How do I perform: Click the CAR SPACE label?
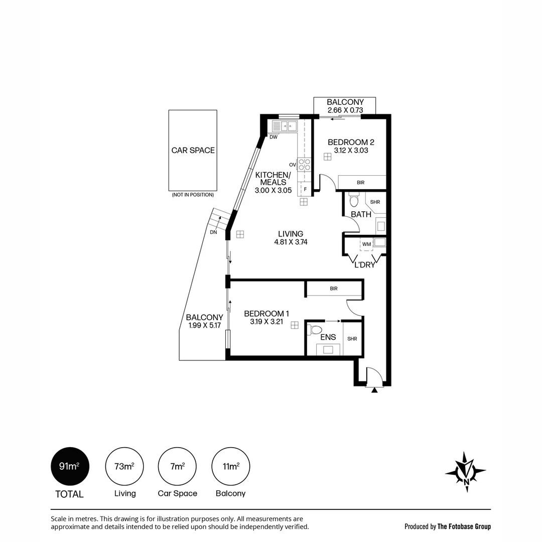(x=193, y=151)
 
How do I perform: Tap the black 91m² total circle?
(x=70, y=466)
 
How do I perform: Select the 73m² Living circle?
(x=124, y=466)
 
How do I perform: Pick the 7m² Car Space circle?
(x=177, y=466)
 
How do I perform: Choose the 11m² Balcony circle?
(x=230, y=466)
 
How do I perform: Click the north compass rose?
(x=466, y=472)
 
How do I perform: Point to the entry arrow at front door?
(x=374, y=390)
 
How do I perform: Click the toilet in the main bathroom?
(x=354, y=199)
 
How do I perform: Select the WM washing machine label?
(x=366, y=244)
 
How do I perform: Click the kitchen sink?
(x=285, y=126)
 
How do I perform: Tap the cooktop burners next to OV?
(x=304, y=165)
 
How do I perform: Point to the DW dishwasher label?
(x=274, y=137)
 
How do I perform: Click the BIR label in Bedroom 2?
(x=360, y=183)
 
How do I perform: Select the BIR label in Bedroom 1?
(x=334, y=288)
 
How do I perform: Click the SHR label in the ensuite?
(x=352, y=339)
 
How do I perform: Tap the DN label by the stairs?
(x=214, y=232)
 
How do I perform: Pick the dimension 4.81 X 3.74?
(x=291, y=242)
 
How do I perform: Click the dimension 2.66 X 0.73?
(x=345, y=110)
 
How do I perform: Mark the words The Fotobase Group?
(x=464, y=526)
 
